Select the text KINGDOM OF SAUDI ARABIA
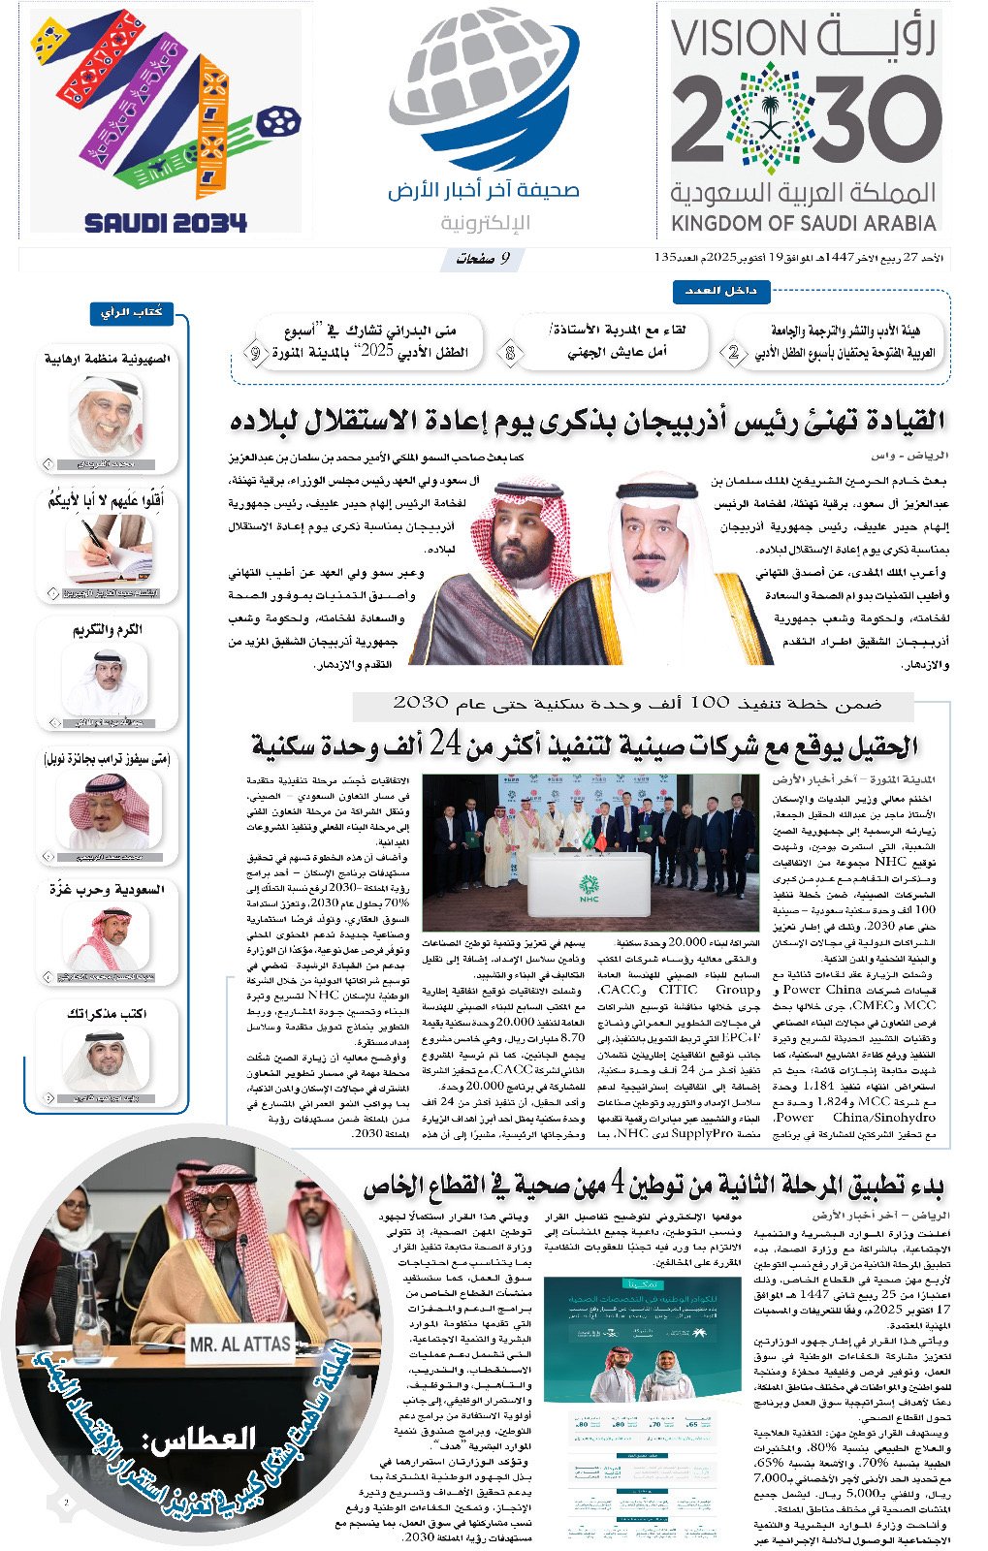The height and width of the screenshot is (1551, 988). [x=804, y=224]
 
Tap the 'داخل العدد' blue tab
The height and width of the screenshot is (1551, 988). [x=721, y=291]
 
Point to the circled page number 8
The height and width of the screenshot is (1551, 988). [x=510, y=354]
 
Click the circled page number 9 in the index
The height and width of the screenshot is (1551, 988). [x=255, y=354]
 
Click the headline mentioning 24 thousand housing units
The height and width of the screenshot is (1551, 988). [x=585, y=746]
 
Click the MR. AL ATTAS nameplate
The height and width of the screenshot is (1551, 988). [x=239, y=1345]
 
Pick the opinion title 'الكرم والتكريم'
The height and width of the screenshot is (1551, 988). [x=108, y=629]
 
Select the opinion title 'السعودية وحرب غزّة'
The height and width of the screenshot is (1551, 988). [x=107, y=889]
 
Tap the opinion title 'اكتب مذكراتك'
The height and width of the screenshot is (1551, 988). [x=107, y=1014]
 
